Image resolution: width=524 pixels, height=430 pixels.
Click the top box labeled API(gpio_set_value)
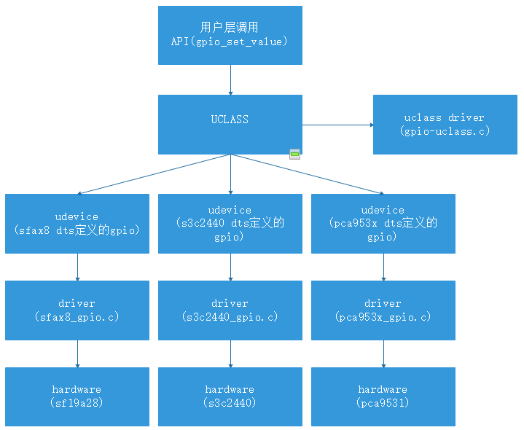(230, 35)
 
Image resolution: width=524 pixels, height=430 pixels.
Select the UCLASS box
(230, 124)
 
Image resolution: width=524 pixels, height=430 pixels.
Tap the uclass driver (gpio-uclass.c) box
(445, 125)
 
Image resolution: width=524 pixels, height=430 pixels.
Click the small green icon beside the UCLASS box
(294, 154)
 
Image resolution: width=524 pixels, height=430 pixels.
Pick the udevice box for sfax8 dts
(77, 223)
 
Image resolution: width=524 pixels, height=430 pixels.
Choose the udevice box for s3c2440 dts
(230, 223)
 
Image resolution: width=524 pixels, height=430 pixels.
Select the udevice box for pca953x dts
(383, 223)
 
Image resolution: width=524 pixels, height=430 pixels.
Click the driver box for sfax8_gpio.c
(77, 310)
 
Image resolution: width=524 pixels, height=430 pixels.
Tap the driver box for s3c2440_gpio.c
(230, 310)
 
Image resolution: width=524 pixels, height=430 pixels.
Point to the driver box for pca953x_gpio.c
(383, 310)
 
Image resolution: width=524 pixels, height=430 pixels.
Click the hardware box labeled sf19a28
(77, 396)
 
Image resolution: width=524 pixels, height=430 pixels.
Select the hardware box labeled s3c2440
(230, 396)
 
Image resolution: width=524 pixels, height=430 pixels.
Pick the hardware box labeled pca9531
(383, 396)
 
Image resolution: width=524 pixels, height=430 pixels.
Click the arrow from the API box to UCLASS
(230, 79)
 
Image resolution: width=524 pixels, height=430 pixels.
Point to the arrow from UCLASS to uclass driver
(337, 125)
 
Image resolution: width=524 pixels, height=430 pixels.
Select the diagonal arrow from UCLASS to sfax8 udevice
(153, 174)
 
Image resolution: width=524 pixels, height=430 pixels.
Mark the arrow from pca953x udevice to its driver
(383, 267)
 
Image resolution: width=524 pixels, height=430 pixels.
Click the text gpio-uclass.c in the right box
(445, 131)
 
